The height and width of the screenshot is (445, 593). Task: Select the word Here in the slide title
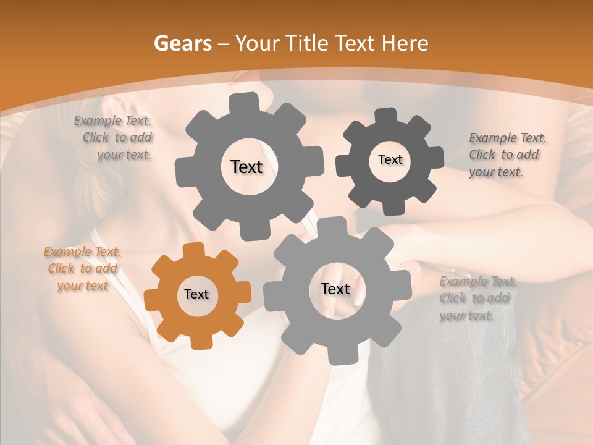tap(406, 43)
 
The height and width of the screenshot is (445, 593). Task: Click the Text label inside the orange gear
tap(196, 295)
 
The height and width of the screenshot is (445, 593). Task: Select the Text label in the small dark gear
tap(390, 159)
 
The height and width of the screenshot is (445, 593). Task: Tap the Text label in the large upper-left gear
tap(246, 167)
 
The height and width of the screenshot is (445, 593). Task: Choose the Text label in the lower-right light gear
tap(335, 289)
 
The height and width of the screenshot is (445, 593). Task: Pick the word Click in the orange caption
tap(61, 268)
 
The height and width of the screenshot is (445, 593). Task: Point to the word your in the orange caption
tap(70, 286)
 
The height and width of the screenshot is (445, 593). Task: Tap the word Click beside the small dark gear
tap(482, 155)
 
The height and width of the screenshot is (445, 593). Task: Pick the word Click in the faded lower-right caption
tap(453, 299)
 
